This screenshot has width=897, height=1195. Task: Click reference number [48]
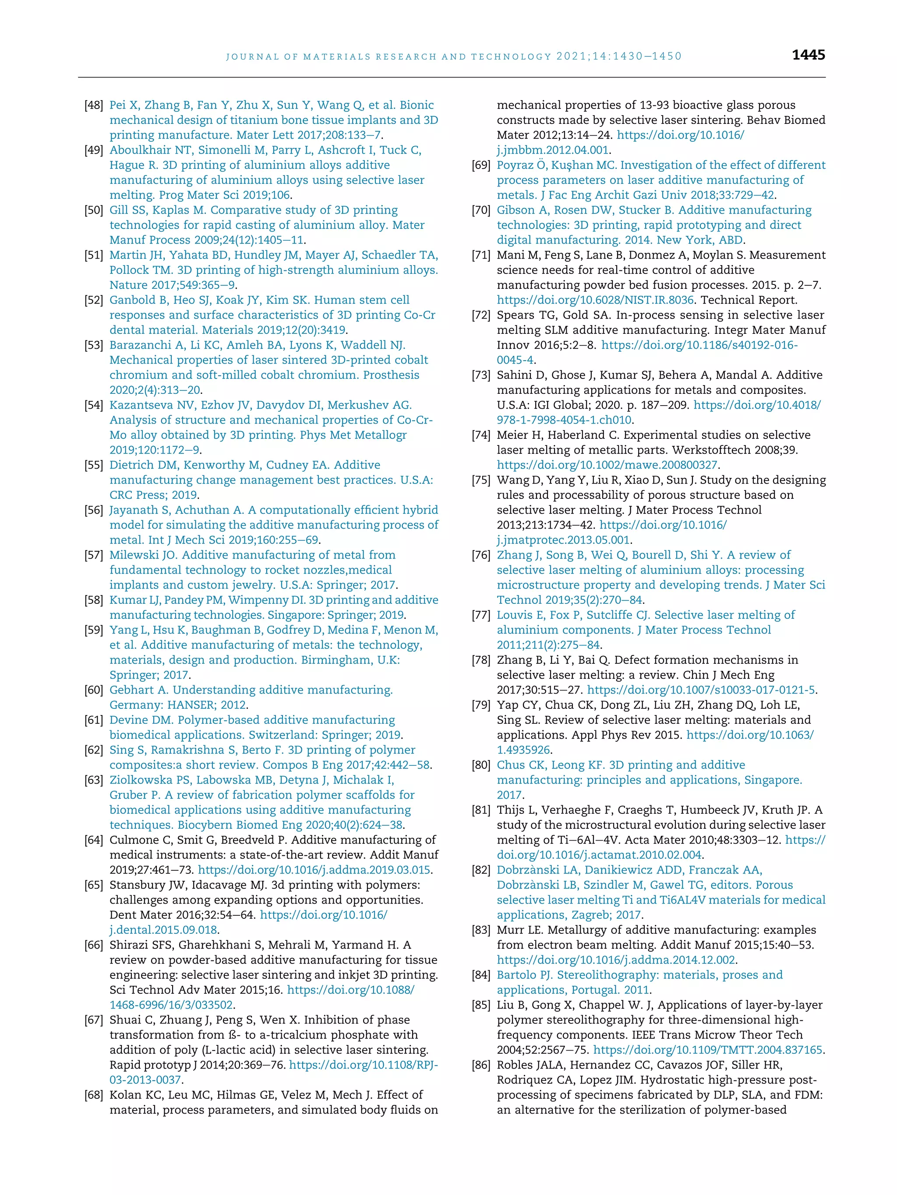pos(94,105)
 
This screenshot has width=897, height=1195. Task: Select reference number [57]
pos(94,555)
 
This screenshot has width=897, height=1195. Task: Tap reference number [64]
pos(94,840)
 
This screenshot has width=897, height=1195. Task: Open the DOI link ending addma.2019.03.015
pos(314,870)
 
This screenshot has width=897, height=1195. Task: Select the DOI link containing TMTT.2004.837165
pos(708,1050)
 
